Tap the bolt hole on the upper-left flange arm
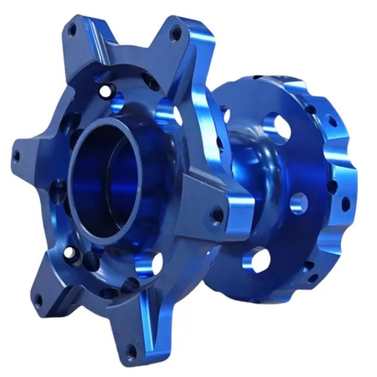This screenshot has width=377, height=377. (72, 30)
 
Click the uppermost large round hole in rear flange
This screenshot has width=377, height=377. (273, 126)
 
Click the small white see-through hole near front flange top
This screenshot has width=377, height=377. (106, 92)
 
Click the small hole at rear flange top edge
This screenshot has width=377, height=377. (257, 77)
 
